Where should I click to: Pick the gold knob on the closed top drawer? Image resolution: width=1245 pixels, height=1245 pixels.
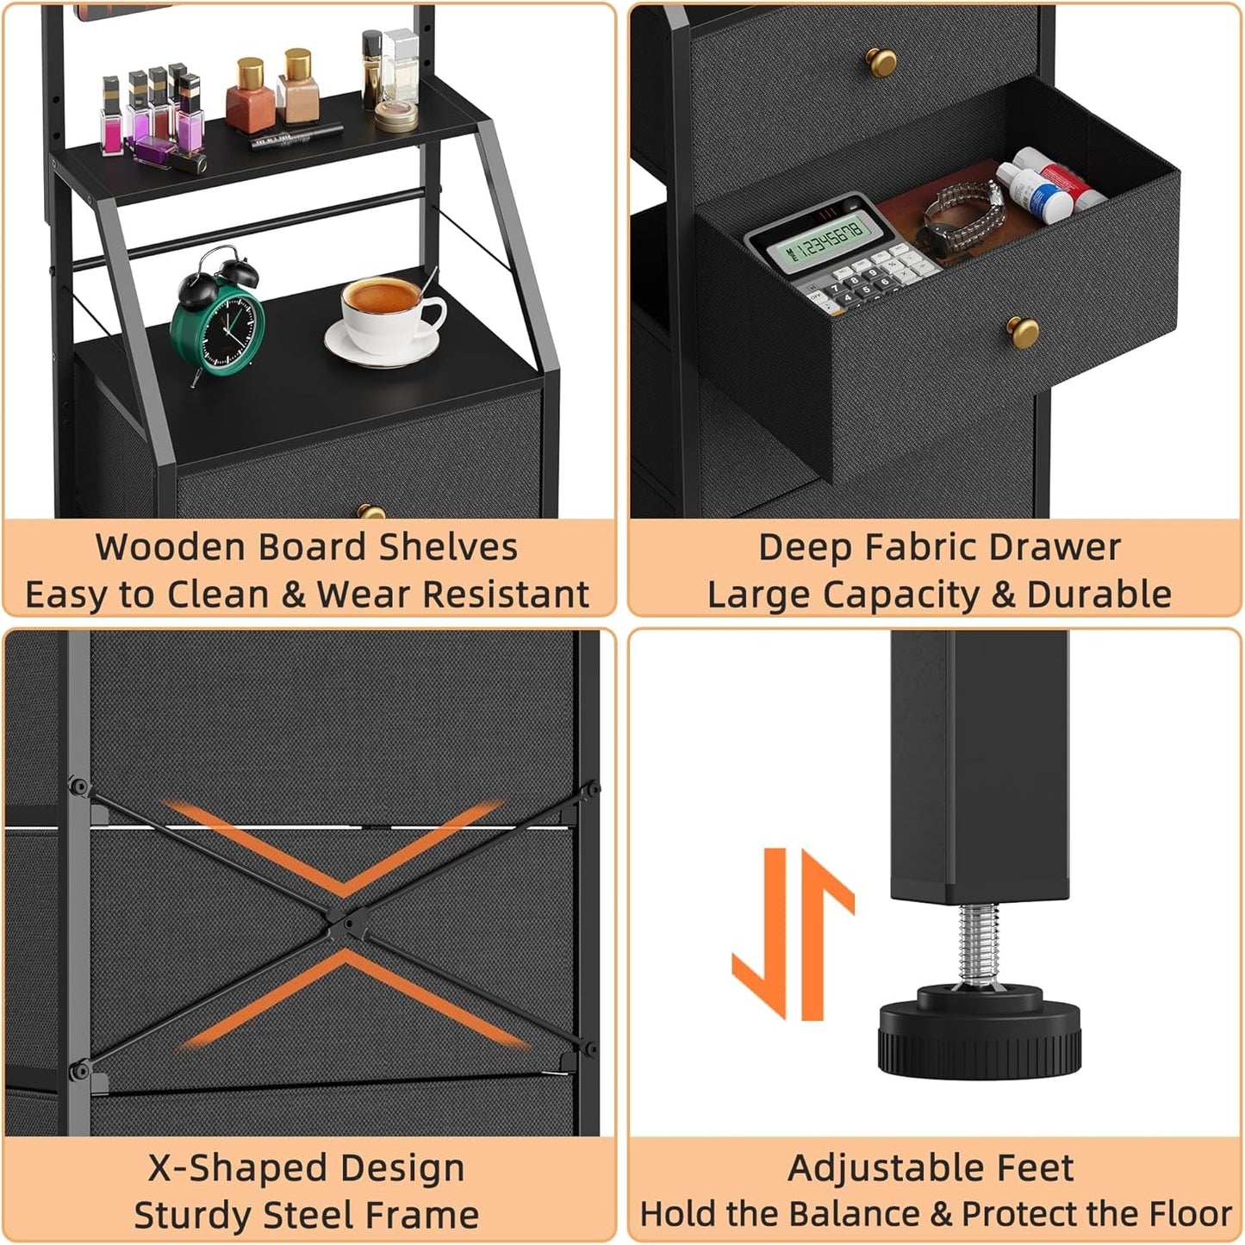(x=881, y=61)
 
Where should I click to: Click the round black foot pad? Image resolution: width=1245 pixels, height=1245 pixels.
(x=979, y=1033)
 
